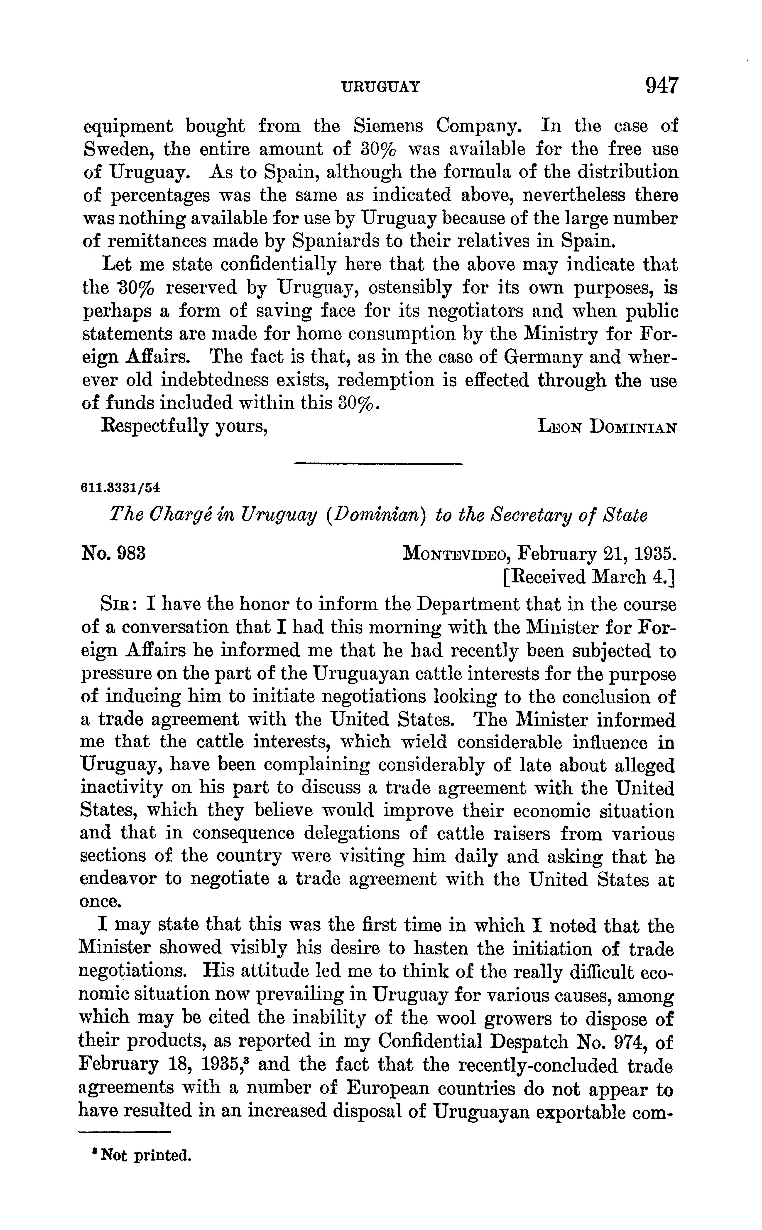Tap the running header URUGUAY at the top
point(381,88)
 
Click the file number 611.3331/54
point(120,488)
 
